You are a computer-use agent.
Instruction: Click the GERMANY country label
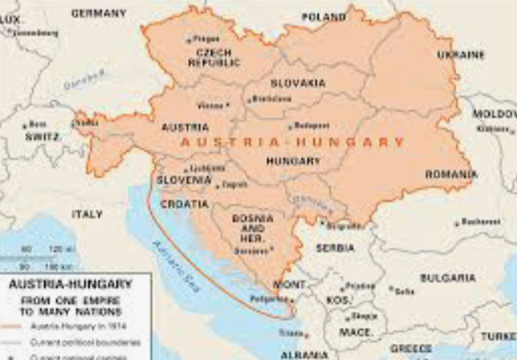[99, 14]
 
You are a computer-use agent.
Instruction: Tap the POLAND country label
[323, 17]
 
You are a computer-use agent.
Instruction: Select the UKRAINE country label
[460, 54]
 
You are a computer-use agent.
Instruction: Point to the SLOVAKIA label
[298, 83]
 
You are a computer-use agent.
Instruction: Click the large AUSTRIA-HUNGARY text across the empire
[292, 141]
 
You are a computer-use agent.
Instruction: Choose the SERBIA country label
[334, 248]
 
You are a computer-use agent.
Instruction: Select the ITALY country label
[87, 214]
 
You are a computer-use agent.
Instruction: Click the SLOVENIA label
[184, 179]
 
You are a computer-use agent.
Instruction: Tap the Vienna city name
[209, 106]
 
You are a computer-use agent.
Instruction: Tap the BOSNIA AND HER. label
[246, 228]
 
